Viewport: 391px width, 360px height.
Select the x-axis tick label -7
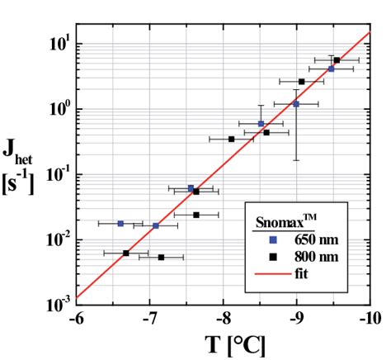[150, 318]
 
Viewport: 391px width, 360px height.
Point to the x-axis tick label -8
[224, 318]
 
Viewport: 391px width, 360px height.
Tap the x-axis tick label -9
[297, 318]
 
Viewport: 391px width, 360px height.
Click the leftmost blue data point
[120, 224]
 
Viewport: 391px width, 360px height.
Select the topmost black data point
[337, 60]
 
